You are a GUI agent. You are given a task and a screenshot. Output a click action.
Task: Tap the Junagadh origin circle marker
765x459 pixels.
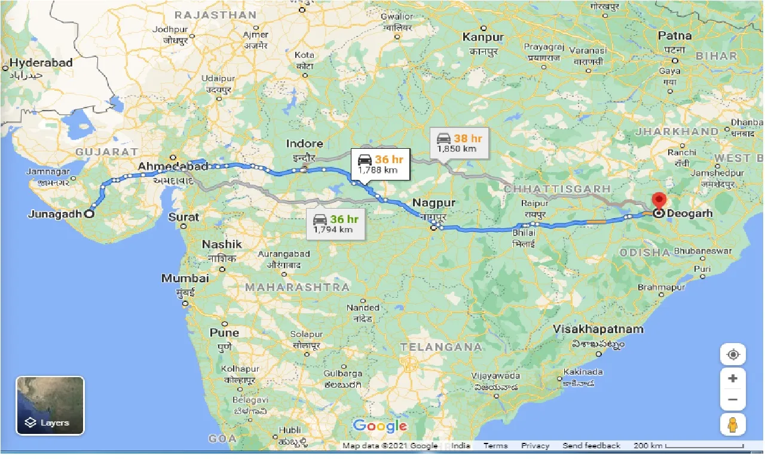89,213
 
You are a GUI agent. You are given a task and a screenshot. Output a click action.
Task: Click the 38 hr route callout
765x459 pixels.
459,142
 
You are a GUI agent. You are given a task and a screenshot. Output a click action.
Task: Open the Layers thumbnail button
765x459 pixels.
50,405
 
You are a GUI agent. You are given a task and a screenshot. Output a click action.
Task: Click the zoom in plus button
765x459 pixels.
733,378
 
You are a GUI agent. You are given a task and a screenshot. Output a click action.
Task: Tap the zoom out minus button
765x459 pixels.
733,399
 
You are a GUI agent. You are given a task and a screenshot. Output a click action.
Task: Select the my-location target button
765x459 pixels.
733,354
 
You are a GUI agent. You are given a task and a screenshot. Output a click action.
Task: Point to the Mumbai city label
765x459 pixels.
185,279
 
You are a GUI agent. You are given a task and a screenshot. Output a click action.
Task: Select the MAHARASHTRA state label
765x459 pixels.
297,287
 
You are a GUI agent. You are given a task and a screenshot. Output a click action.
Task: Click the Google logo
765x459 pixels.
380,426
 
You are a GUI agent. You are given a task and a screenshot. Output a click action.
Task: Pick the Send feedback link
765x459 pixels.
591,446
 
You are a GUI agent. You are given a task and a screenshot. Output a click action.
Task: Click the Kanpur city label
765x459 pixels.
484,37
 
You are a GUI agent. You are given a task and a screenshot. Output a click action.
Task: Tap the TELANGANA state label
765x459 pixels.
433,347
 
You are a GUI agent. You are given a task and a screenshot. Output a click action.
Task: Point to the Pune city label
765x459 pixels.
224,332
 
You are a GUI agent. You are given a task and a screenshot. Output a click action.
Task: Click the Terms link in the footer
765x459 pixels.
495,446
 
